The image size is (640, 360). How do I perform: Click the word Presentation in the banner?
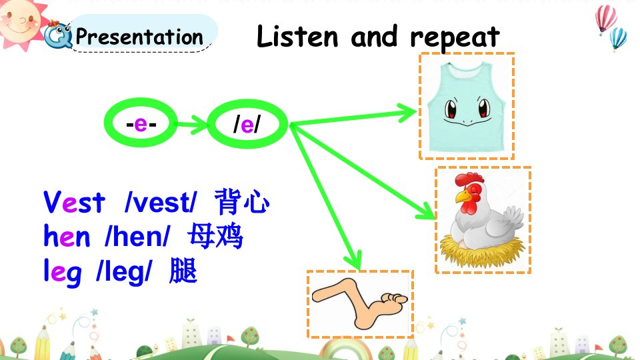point(139,37)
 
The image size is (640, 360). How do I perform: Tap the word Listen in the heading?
point(297,36)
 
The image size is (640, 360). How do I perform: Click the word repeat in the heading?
point(455,37)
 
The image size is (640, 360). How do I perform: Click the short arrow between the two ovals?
point(192,124)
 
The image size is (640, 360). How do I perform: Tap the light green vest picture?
point(466,106)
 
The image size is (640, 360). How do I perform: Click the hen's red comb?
point(469,179)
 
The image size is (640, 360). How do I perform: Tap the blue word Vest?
point(74,202)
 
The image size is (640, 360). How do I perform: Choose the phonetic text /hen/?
point(137,236)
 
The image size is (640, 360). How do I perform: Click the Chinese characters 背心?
point(241,201)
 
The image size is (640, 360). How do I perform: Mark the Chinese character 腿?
point(183,271)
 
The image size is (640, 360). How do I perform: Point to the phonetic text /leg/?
point(124,272)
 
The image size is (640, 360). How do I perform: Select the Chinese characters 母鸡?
point(215,236)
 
